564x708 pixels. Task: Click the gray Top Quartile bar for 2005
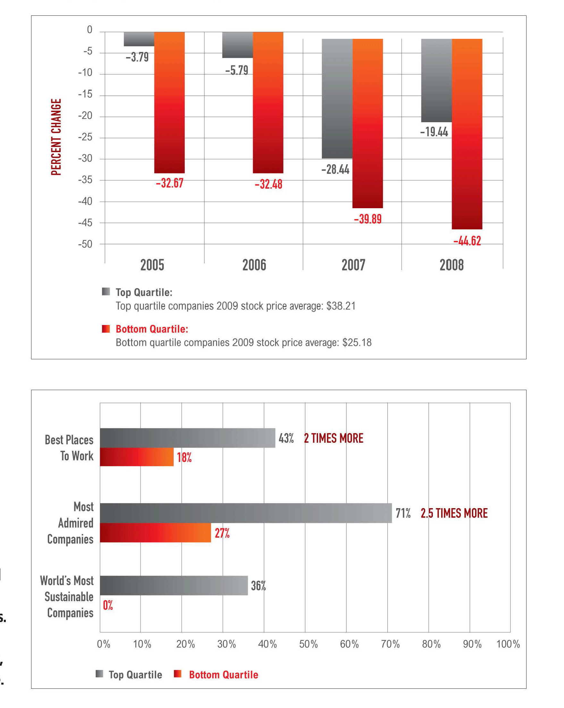click(139, 39)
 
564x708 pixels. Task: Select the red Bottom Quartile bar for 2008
click(467, 134)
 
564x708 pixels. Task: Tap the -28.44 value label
click(335, 169)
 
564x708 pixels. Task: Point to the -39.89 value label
click(368, 219)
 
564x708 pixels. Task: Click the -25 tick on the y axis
click(85, 137)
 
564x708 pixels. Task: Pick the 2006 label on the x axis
click(254, 265)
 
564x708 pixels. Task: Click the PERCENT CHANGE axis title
click(56, 137)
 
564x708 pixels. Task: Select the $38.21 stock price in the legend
click(341, 306)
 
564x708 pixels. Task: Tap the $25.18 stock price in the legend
click(357, 343)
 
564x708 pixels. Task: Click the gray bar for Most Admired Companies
click(246, 513)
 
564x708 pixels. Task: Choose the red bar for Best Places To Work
click(137, 457)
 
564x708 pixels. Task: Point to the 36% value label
click(258, 585)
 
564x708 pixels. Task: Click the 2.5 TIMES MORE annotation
click(454, 513)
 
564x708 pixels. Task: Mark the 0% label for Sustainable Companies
click(108, 605)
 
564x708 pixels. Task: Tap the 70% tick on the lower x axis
click(390, 644)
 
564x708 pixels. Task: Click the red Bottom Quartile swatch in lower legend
click(178, 674)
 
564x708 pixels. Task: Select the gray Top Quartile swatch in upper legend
click(106, 292)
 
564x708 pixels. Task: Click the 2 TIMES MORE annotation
click(333, 438)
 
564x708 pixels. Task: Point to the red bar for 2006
click(268, 102)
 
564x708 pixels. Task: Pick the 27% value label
click(222, 533)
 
